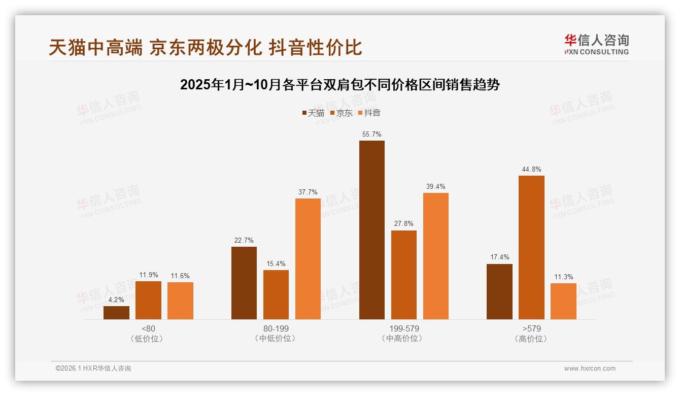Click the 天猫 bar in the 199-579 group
click(371, 230)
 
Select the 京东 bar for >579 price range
click(531, 247)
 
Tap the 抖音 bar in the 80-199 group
click(308, 259)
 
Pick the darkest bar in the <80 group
click(116, 313)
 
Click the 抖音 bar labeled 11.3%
click(563, 301)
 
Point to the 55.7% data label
click(371, 134)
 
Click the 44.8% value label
click(531, 169)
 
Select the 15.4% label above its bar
click(276, 263)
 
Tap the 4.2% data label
click(116, 300)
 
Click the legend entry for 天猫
click(313, 113)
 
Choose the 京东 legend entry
click(342, 113)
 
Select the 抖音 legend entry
click(369, 113)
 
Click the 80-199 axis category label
click(276, 328)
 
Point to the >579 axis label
click(531, 328)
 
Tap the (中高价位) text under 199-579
click(403, 339)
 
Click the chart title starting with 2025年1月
click(340, 85)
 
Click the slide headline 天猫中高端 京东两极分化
click(206, 47)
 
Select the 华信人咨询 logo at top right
click(597, 44)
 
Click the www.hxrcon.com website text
click(590, 369)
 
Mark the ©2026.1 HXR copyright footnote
click(93, 369)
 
